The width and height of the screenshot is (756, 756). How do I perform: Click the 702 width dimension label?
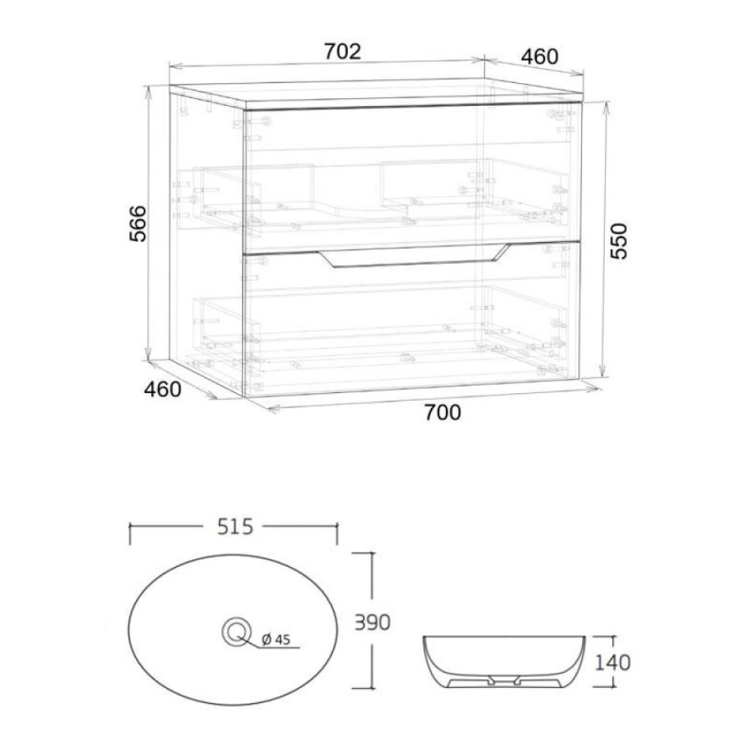point(342,51)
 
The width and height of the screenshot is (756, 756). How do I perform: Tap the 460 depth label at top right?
point(539,56)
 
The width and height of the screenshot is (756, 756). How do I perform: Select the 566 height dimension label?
point(138,223)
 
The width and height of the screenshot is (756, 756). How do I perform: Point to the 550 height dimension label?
point(618,241)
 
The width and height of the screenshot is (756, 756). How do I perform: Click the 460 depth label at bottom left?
point(163,389)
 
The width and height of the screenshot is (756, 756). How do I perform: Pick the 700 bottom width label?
point(443,412)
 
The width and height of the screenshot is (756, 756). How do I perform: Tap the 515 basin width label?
point(235,527)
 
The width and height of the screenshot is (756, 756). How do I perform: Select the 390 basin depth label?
point(372,622)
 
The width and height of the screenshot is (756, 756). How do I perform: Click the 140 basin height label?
point(612,663)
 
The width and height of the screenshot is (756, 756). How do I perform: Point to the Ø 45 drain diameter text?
point(276,639)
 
